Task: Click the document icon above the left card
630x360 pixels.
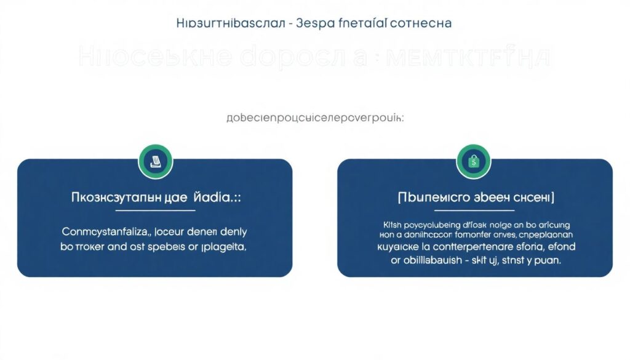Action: [x=156, y=161]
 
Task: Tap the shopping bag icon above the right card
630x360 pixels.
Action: [x=473, y=161]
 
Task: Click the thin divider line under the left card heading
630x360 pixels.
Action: [x=156, y=210]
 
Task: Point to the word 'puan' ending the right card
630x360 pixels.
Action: [x=548, y=261]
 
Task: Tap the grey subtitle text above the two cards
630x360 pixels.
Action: [x=315, y=119]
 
